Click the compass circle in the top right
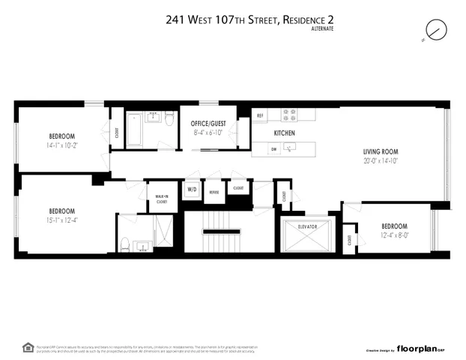(435, 29)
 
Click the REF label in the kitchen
(260, 115)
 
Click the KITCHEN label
(284, 133)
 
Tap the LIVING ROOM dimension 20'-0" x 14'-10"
(375, 160)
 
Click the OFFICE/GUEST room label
(208, 123)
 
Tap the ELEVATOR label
(308, 226)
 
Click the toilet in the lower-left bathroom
(126, 244)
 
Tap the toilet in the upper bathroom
(169, 119)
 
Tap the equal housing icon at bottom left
(28, 347)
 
